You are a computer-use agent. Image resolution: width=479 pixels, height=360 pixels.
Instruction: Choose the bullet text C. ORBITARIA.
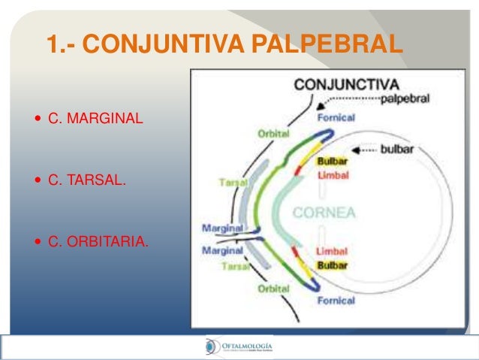98,243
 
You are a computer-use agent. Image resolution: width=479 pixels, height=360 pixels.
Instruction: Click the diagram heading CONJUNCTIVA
346,83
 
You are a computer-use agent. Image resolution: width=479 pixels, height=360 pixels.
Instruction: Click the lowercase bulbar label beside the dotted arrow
397,149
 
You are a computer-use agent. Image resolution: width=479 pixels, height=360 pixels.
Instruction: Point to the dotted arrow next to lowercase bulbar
363,150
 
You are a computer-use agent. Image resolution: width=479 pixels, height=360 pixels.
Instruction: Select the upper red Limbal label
332,174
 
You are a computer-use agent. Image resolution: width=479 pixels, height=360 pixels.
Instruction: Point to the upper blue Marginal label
222,227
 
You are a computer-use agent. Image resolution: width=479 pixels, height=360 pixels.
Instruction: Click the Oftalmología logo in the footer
239,346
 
